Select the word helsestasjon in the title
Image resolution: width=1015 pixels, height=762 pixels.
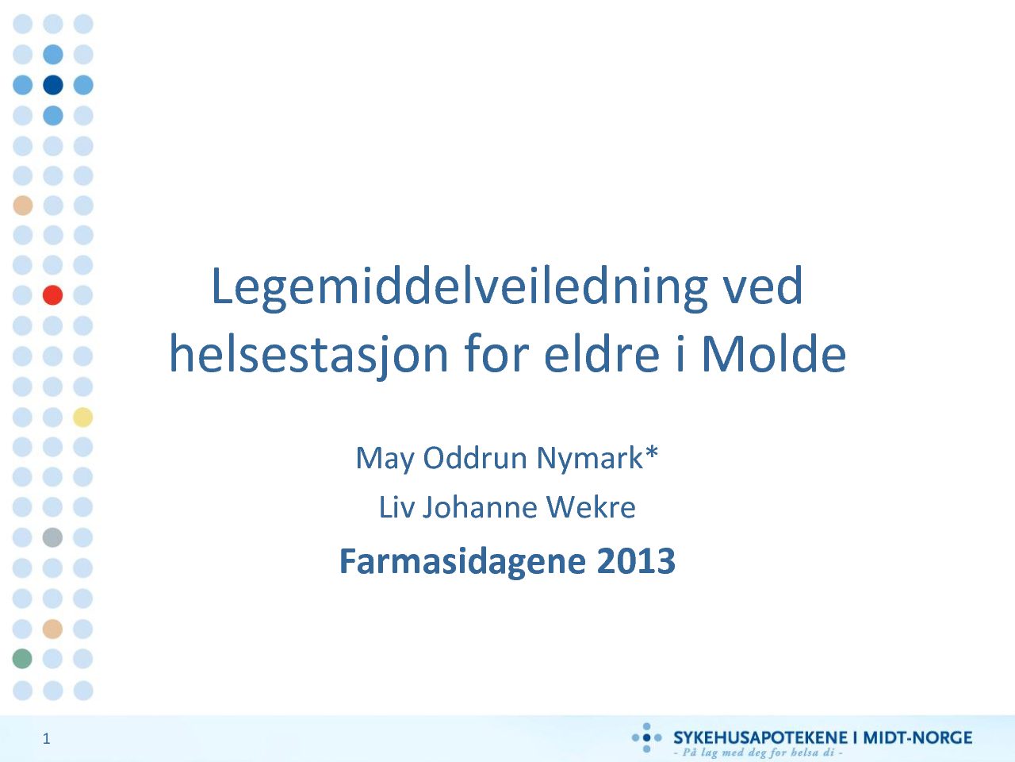309,355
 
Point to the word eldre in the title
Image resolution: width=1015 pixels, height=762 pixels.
602,353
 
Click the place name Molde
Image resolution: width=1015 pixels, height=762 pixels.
774,353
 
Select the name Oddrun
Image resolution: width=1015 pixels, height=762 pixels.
475,458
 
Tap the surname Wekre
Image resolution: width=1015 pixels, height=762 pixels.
591,507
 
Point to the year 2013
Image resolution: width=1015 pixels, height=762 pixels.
636,560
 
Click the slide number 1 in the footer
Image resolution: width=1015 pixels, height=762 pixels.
46,739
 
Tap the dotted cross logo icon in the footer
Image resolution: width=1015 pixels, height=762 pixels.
646,737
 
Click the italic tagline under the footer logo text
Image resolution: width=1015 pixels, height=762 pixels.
758,752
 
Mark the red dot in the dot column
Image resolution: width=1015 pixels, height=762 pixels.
52,295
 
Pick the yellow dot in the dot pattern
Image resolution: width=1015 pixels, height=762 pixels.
82,417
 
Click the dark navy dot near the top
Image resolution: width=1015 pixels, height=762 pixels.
52,85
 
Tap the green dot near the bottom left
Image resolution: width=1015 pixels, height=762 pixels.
22,658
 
